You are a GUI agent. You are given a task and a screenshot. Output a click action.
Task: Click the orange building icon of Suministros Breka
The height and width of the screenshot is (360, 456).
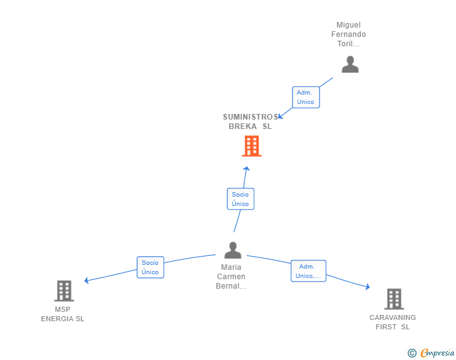click(252, 146)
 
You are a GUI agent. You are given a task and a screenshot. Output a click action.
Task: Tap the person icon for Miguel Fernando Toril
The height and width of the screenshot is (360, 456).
click(350, 64)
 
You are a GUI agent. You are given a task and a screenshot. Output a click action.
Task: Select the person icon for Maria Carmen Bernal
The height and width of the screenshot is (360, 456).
click(232, 250)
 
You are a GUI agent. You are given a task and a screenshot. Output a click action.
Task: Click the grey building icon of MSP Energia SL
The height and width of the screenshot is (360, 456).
click(64, 291)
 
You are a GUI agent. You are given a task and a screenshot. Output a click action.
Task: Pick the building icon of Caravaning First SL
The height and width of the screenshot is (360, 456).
click(394, 299)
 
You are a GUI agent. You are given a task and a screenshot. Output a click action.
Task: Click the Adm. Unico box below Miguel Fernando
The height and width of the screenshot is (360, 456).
click(306, 97)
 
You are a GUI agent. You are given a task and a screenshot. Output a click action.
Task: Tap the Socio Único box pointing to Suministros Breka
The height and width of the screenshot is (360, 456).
click(241, 199)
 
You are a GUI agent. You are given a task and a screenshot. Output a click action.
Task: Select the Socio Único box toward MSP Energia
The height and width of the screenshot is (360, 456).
click(150, 267)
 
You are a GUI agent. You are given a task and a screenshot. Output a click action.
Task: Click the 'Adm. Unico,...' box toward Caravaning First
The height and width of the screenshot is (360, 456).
click(308, 271)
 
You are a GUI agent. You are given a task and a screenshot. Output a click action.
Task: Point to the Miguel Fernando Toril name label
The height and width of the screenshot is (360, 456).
click(348, 34)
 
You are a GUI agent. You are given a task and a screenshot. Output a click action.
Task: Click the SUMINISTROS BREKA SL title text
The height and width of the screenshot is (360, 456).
click(251, 121)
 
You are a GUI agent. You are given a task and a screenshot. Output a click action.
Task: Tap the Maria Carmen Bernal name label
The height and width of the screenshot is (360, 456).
click(231, 277)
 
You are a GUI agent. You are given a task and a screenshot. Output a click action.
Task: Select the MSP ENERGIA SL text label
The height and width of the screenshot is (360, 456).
click(63, 314)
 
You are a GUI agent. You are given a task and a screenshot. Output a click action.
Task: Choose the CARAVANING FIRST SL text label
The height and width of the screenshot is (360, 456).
click(393, 322)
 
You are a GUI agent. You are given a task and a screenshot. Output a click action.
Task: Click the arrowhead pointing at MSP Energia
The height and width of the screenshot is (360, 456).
click(86, 280)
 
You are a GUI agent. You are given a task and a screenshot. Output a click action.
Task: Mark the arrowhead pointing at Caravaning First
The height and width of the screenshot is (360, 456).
click(368, 287)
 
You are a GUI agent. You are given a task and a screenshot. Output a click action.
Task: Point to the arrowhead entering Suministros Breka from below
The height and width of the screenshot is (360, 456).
click(246, 168)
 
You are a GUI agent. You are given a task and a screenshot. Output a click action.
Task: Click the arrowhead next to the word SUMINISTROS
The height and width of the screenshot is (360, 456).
click(280, 116)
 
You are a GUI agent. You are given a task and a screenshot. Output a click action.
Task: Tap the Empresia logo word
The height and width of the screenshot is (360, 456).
click(437, 353)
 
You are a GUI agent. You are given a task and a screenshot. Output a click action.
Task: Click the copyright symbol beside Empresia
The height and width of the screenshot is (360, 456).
click(412, 353)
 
